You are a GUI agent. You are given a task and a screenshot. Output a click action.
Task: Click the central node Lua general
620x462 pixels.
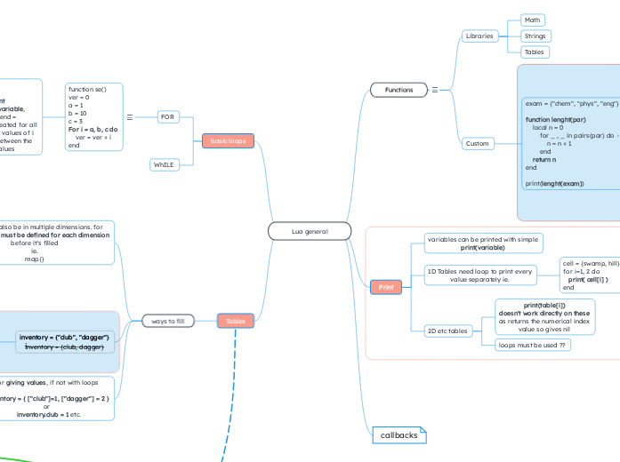tap(309, 232)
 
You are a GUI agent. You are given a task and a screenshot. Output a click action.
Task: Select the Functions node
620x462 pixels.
tap(399, 90)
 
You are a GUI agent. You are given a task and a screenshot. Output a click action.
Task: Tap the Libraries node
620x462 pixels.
tap(479, 36)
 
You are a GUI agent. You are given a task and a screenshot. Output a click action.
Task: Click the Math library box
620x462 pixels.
tap(532, 20)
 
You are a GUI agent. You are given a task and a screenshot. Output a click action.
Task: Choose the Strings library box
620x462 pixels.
tap(535, 36)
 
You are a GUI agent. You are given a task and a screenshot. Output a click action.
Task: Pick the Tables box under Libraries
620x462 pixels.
tap(534, 52)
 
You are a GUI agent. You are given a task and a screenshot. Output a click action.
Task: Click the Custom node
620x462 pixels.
tap(478, 143)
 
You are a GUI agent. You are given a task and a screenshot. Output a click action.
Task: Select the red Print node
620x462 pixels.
tap(386, 287)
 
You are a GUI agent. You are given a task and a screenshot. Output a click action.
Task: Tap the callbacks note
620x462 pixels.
tap(399, 434)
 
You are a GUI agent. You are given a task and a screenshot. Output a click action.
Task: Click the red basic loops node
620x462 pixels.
tap(228, 140)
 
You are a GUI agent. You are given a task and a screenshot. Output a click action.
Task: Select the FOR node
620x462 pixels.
tap(167, 116)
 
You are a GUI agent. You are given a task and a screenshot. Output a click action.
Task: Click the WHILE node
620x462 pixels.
tap(165, 164)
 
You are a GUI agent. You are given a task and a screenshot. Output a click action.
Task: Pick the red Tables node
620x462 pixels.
tap(236, 321)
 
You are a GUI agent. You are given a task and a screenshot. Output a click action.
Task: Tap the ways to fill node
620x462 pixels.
tap(168, 321)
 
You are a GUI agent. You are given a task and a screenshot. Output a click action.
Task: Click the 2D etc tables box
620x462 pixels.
tap(447, 331)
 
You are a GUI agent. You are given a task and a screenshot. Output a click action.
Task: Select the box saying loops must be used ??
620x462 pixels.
tap(533, 345)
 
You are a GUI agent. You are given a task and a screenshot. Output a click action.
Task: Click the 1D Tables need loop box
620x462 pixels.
tap(479, 275)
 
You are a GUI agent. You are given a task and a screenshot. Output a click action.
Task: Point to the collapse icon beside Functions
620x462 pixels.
tap(434, 90)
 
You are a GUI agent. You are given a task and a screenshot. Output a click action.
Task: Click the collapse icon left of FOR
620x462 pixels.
tap(130, 116)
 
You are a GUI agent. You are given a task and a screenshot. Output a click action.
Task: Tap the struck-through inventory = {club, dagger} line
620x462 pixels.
tap(64, 347)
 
